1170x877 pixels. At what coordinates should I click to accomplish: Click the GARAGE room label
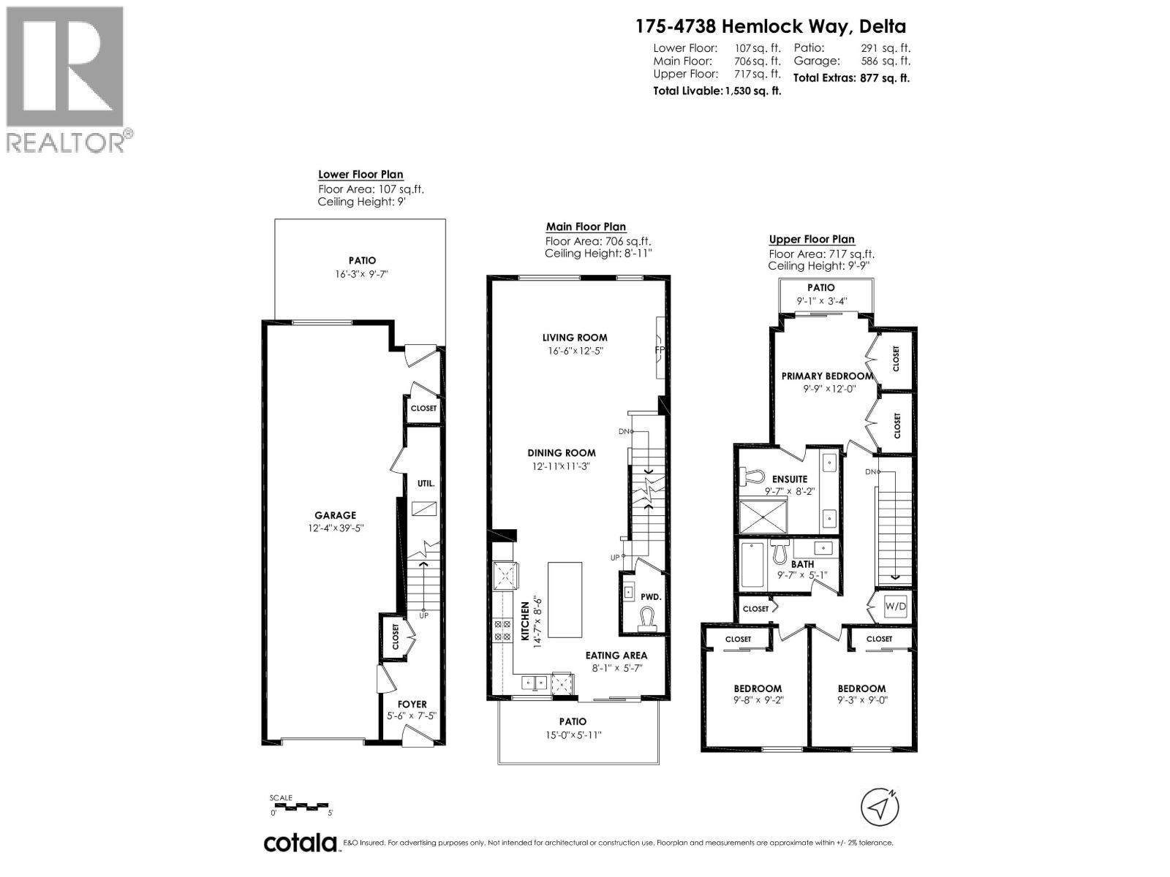coord(335,515)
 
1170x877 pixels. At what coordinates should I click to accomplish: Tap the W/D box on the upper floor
coord(894,606)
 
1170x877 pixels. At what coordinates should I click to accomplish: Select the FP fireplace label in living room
coord(659,350)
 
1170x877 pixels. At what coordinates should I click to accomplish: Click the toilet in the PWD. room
coord(647,621)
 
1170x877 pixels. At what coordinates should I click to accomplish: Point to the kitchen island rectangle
coord(565,599)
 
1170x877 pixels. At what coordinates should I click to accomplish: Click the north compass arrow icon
coord(880,807)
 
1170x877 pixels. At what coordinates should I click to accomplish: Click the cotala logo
coord(300,843)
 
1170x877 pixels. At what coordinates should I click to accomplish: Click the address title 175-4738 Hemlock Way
coord(770,27)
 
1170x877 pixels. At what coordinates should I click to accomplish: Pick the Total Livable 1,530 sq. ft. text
coord(717,91)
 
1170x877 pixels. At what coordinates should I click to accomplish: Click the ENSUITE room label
coord(790,479)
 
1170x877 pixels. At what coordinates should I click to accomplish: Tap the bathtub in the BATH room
coord(752,567)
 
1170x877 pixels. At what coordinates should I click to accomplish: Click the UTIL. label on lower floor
coord(426,483)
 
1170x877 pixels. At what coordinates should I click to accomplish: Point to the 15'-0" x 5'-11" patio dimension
coord(573,734)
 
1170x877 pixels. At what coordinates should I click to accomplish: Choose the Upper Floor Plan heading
coord(811,239)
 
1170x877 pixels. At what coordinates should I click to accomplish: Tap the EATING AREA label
coord(616,655)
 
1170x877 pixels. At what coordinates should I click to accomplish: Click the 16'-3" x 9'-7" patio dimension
coord(362,274)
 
